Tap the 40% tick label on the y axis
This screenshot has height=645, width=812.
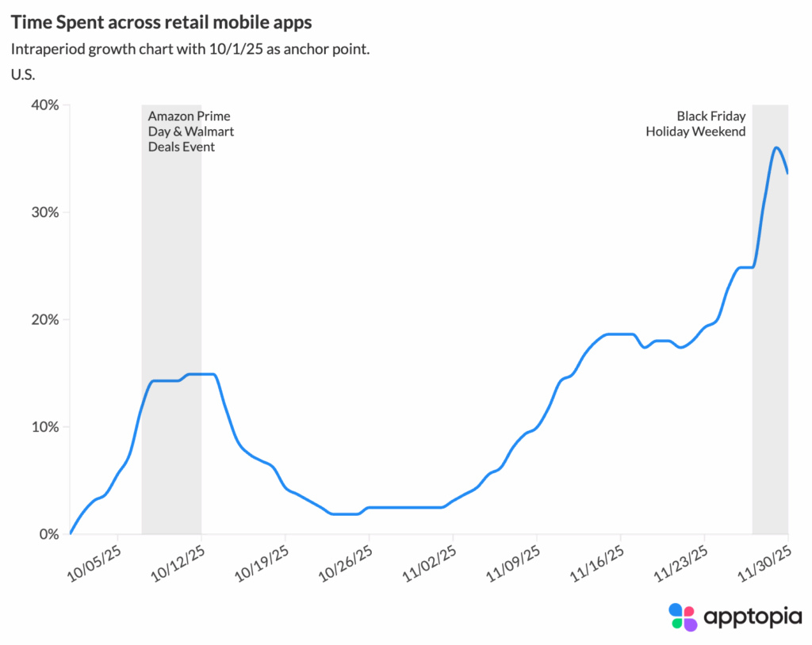point(44,105)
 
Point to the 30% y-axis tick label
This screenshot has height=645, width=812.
point(44,212)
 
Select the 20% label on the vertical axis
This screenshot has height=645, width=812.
point(44,320)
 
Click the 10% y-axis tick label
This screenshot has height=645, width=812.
point(44,427)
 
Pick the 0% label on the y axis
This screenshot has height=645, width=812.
point(48,535)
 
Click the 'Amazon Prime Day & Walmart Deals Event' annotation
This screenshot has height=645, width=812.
point(190,132)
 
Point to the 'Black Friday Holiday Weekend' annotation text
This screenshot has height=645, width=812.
point(695,124)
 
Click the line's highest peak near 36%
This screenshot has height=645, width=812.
point(776,147)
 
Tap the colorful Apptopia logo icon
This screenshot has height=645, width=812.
point(683,616)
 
